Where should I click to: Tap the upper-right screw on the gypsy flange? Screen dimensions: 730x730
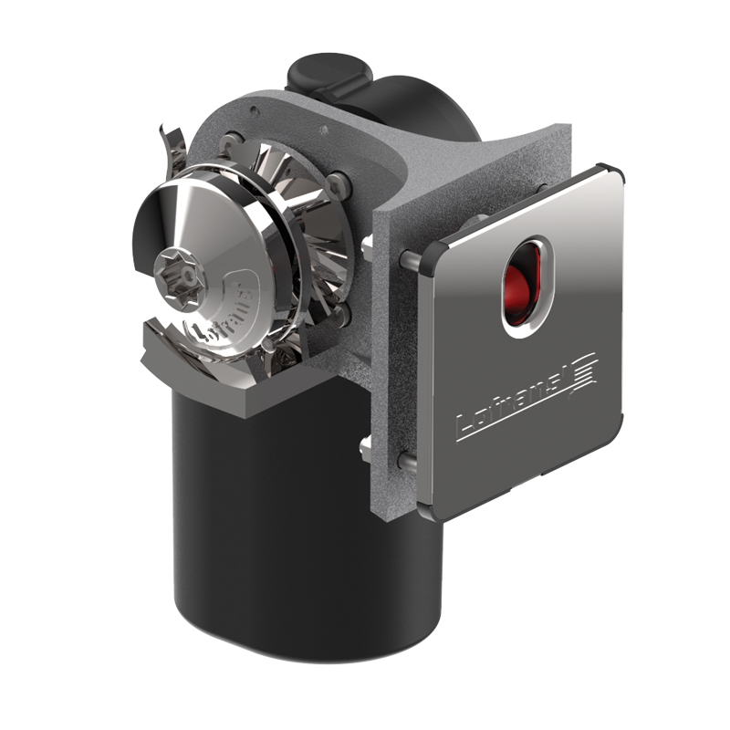[x=339, y=183]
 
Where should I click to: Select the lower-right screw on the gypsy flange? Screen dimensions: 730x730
[x=339, y=315]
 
